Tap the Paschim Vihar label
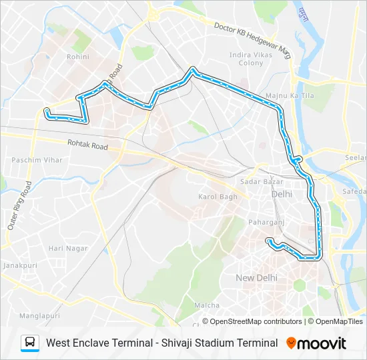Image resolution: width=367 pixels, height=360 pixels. point(37,160)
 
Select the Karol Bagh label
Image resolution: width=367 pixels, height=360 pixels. point(218,197)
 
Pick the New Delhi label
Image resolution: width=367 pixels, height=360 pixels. point(256,277)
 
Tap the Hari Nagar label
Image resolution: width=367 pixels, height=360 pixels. point(68,248)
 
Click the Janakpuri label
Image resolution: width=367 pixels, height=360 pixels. point(19,265)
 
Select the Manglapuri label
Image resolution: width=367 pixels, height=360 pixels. point(39,315)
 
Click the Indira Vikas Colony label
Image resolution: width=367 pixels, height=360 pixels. point(246,59)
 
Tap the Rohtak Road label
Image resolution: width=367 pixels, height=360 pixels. point(87,144)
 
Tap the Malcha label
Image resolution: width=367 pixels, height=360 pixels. point(207,305)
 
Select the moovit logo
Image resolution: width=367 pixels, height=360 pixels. point(316,343)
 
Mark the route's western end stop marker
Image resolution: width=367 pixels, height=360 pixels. point(47,110)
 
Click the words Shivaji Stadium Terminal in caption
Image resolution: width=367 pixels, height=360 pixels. point(220,343)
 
